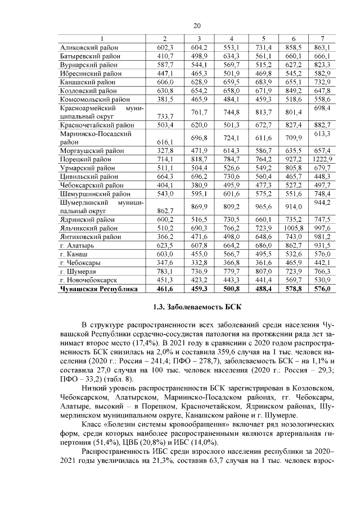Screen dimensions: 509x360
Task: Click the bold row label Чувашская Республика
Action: (98, 289)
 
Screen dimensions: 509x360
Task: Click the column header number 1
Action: (101, 39)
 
